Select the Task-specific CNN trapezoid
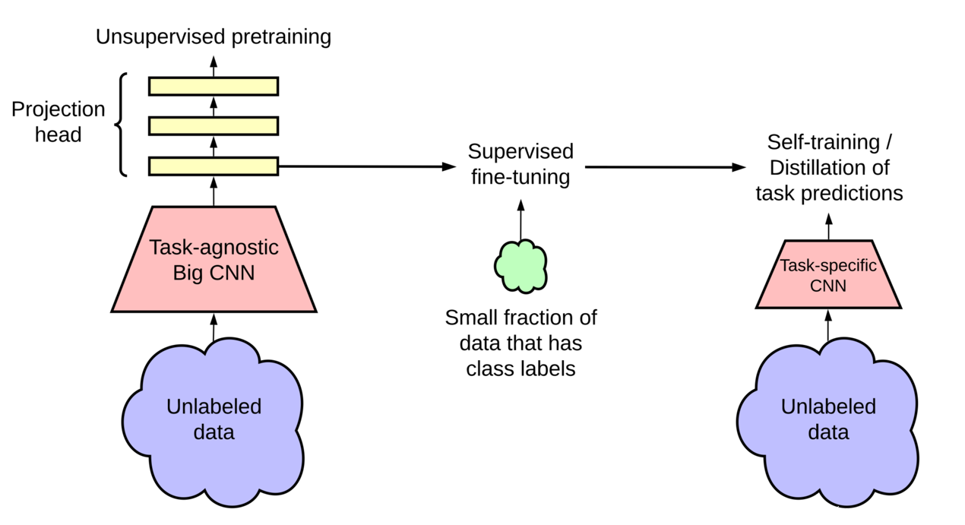[x=828, y=276]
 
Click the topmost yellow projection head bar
[x=214, y=86]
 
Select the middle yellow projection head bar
[x=214, y=125]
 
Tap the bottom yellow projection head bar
[x=214, y=166]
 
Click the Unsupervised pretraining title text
[x=214, y=36]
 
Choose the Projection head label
[x=58, y=122]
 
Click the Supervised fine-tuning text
[x=520, y=163]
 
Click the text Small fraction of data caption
[x=520, y=343]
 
